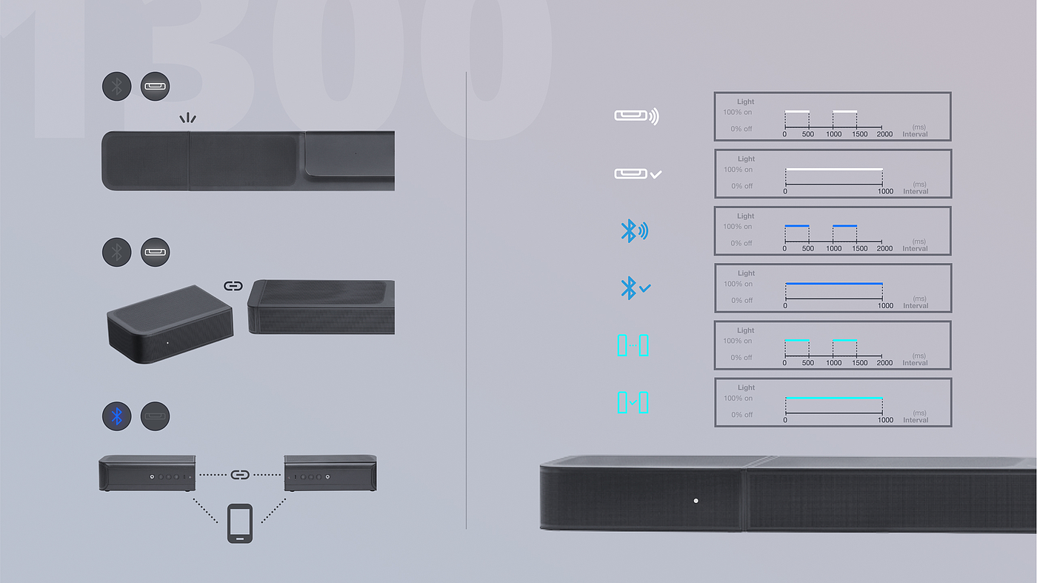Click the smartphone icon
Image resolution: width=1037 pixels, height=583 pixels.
(x=239, y=524)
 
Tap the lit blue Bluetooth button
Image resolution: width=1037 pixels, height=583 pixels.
(x=116, y=416)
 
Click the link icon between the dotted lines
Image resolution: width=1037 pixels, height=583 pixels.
(x=239, y=474)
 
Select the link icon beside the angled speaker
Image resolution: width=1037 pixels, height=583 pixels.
(x=233, y=286)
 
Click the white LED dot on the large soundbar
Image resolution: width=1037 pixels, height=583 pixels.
(x=696, y=501)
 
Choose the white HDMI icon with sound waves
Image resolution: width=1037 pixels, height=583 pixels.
(x=636, y=116)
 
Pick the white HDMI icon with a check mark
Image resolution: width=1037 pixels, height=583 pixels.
(x=637, y=174)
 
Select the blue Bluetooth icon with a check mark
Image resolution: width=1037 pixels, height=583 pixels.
(x=635, y=288)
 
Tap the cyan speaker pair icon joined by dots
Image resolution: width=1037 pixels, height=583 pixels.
(x=633, y=345)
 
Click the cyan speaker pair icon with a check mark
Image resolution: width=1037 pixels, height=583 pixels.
(x=633, y=402)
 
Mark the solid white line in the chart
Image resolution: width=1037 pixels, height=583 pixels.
(x=834, y=170)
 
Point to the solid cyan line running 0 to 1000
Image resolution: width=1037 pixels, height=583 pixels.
(x=834, y=398)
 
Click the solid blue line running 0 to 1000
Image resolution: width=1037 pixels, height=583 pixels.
(x=834, y=284)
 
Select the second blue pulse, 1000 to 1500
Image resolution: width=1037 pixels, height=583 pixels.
(x=845, y=225)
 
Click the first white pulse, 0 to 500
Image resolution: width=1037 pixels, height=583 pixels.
(x=797, y=111)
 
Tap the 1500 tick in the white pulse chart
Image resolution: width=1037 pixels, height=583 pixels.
(x=859, y=134)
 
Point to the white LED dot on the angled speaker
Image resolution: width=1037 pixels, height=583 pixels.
(x=167, y=343)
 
